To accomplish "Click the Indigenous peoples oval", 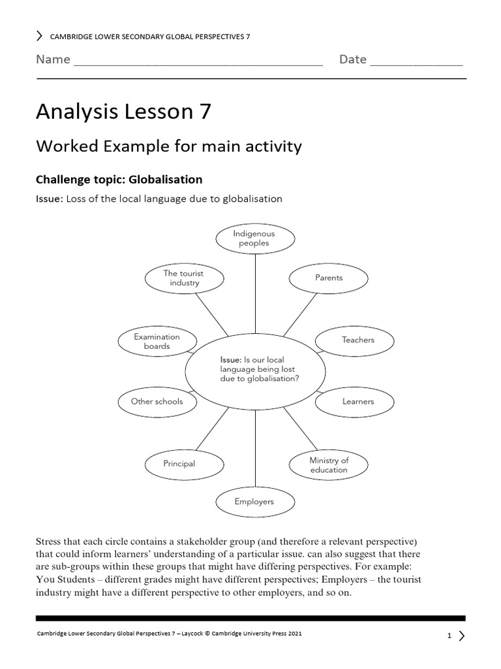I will coord(254,238).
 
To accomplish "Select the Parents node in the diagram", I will coord(329,278).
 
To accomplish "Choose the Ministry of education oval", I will coord(329,465).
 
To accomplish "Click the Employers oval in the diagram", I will coord(254,502).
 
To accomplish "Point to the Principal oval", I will coord(179,464).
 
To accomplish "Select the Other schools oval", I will coord(157,401).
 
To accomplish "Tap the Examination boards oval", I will coord(157,341).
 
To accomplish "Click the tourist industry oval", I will coord(184,278).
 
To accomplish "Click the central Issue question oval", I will coord(254,370).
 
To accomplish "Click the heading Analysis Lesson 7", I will coord(123,112).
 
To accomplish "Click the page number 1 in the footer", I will coord(449,635).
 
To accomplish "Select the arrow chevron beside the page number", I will coord(461,635).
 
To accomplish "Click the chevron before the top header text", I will coord(40,37).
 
